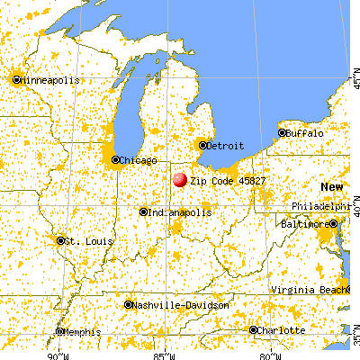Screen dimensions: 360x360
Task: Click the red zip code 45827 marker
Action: click(x=180, y=180)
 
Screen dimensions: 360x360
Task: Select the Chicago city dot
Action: click(x=115, y=160)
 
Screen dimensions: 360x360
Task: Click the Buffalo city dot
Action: click(x=282, y=133)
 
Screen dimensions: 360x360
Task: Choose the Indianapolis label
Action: click(x=180, y=212)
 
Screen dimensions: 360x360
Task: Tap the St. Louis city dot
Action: click(x=61, y=241)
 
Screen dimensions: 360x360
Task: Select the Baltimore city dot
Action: click(x=333, y=223)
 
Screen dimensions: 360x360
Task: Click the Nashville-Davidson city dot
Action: click(x=129, y=305)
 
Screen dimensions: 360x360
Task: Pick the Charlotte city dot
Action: click(x=254, y=330)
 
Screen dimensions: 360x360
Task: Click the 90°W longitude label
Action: click(x=58, y=354)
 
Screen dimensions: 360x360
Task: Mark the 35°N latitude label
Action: click(x=354, y=338)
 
